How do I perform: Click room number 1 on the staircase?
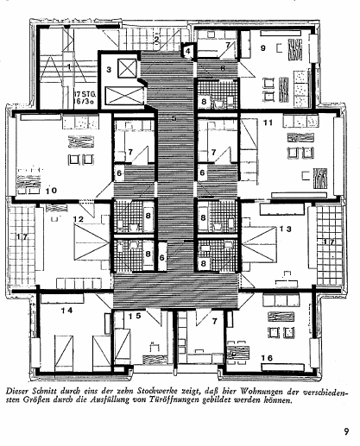point(69,66)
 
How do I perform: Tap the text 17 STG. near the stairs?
point(85,94)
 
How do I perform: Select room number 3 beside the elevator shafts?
point(109,70)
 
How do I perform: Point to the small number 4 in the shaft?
point(188,52)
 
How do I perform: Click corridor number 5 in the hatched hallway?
point(174,118)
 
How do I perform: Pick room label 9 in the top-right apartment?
point(262,47)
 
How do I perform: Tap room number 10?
point(51,191)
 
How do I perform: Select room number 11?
point(268,122)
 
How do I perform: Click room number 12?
point(78,219)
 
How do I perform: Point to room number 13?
point(286,229)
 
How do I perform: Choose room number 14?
point(66,311)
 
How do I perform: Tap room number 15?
point(135,316)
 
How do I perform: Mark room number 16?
point(267,358)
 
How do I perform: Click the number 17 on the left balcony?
point(22,237)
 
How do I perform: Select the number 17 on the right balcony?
point(328,242)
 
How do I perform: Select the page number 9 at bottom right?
point(346,431)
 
